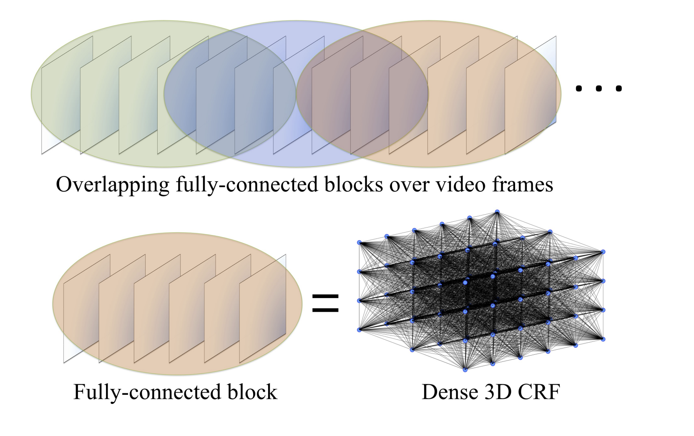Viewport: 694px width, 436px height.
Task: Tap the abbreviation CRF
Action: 539,392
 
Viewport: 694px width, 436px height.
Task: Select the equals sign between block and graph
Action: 325,303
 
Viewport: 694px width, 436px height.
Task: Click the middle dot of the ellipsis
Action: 598,88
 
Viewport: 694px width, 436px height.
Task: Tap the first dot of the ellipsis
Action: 578,88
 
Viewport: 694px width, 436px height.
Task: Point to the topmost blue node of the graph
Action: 497,212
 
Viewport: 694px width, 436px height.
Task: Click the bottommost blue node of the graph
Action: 465,369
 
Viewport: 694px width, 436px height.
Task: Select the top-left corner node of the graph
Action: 359,242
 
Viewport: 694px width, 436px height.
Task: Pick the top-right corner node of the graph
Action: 603,252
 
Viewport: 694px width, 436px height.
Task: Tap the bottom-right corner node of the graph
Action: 603,339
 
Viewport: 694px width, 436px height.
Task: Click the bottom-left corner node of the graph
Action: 359,330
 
